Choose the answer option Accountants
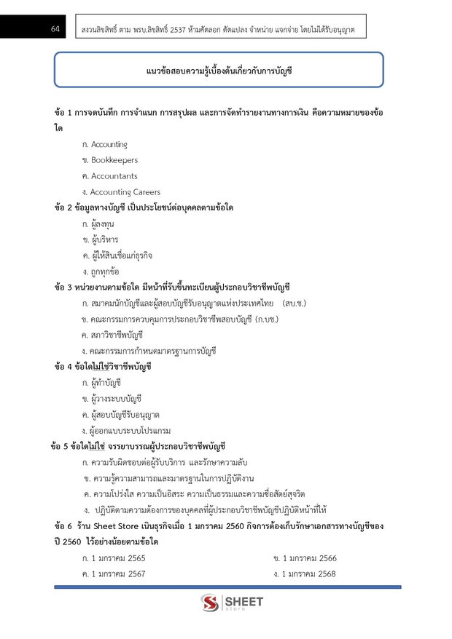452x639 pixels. (x=114, y=176)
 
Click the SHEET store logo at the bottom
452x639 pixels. (x=233, y=603)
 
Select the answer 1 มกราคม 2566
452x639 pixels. (x=309, y=558)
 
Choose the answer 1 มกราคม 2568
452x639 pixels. (x=309, y=574)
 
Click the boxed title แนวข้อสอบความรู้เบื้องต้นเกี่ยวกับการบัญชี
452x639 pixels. (x=219, y=71)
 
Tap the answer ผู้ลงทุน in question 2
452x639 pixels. (x=103, y=223)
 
